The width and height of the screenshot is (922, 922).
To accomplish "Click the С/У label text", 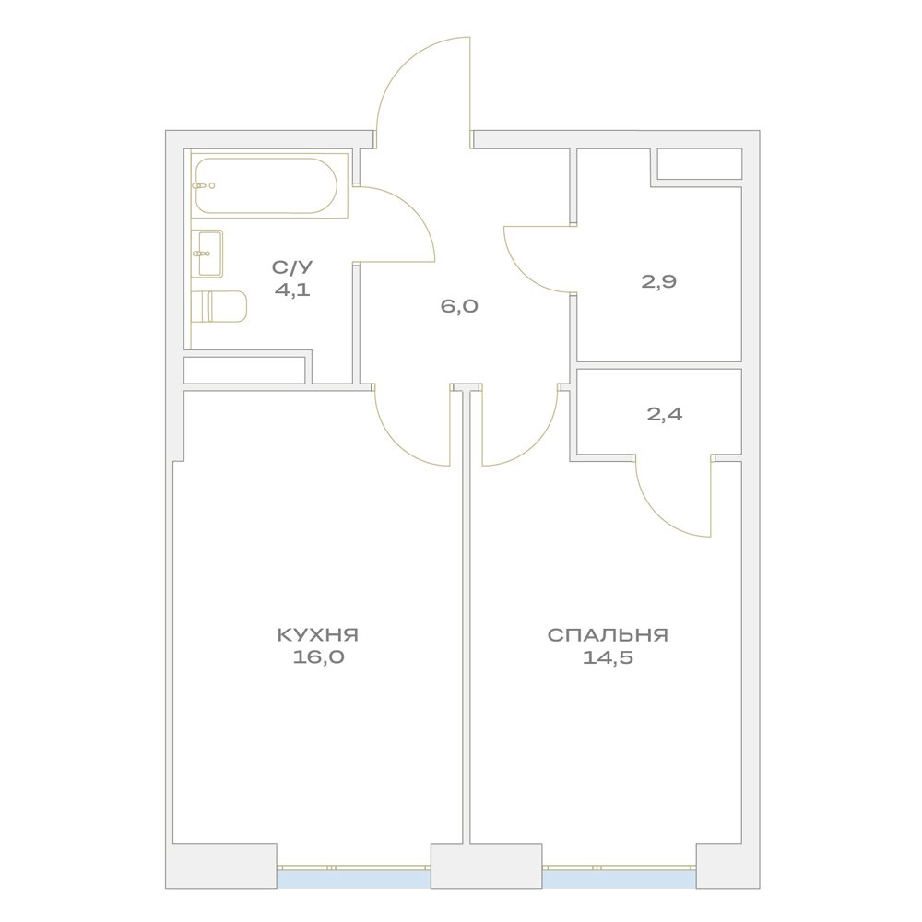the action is click(x=292, y=267).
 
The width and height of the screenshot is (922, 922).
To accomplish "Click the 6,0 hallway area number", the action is click(x=459, y=306).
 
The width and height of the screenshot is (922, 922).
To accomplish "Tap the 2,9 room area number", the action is click(x=658, y=281).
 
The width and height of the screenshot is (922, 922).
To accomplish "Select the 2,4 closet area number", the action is click(x=665, y=415).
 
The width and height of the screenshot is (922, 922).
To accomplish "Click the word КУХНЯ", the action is click(x=317, y=635).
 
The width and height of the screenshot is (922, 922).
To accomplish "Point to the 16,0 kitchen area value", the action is click(x=318, y=656).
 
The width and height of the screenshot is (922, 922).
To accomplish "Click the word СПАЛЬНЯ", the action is click(x=608, y=635).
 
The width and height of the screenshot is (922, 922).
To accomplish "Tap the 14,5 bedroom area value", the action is click(x=608, y=656).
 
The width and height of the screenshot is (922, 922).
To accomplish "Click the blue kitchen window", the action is click(x=354, y=879).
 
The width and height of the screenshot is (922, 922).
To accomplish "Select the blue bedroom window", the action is click(x=620, y=879).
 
